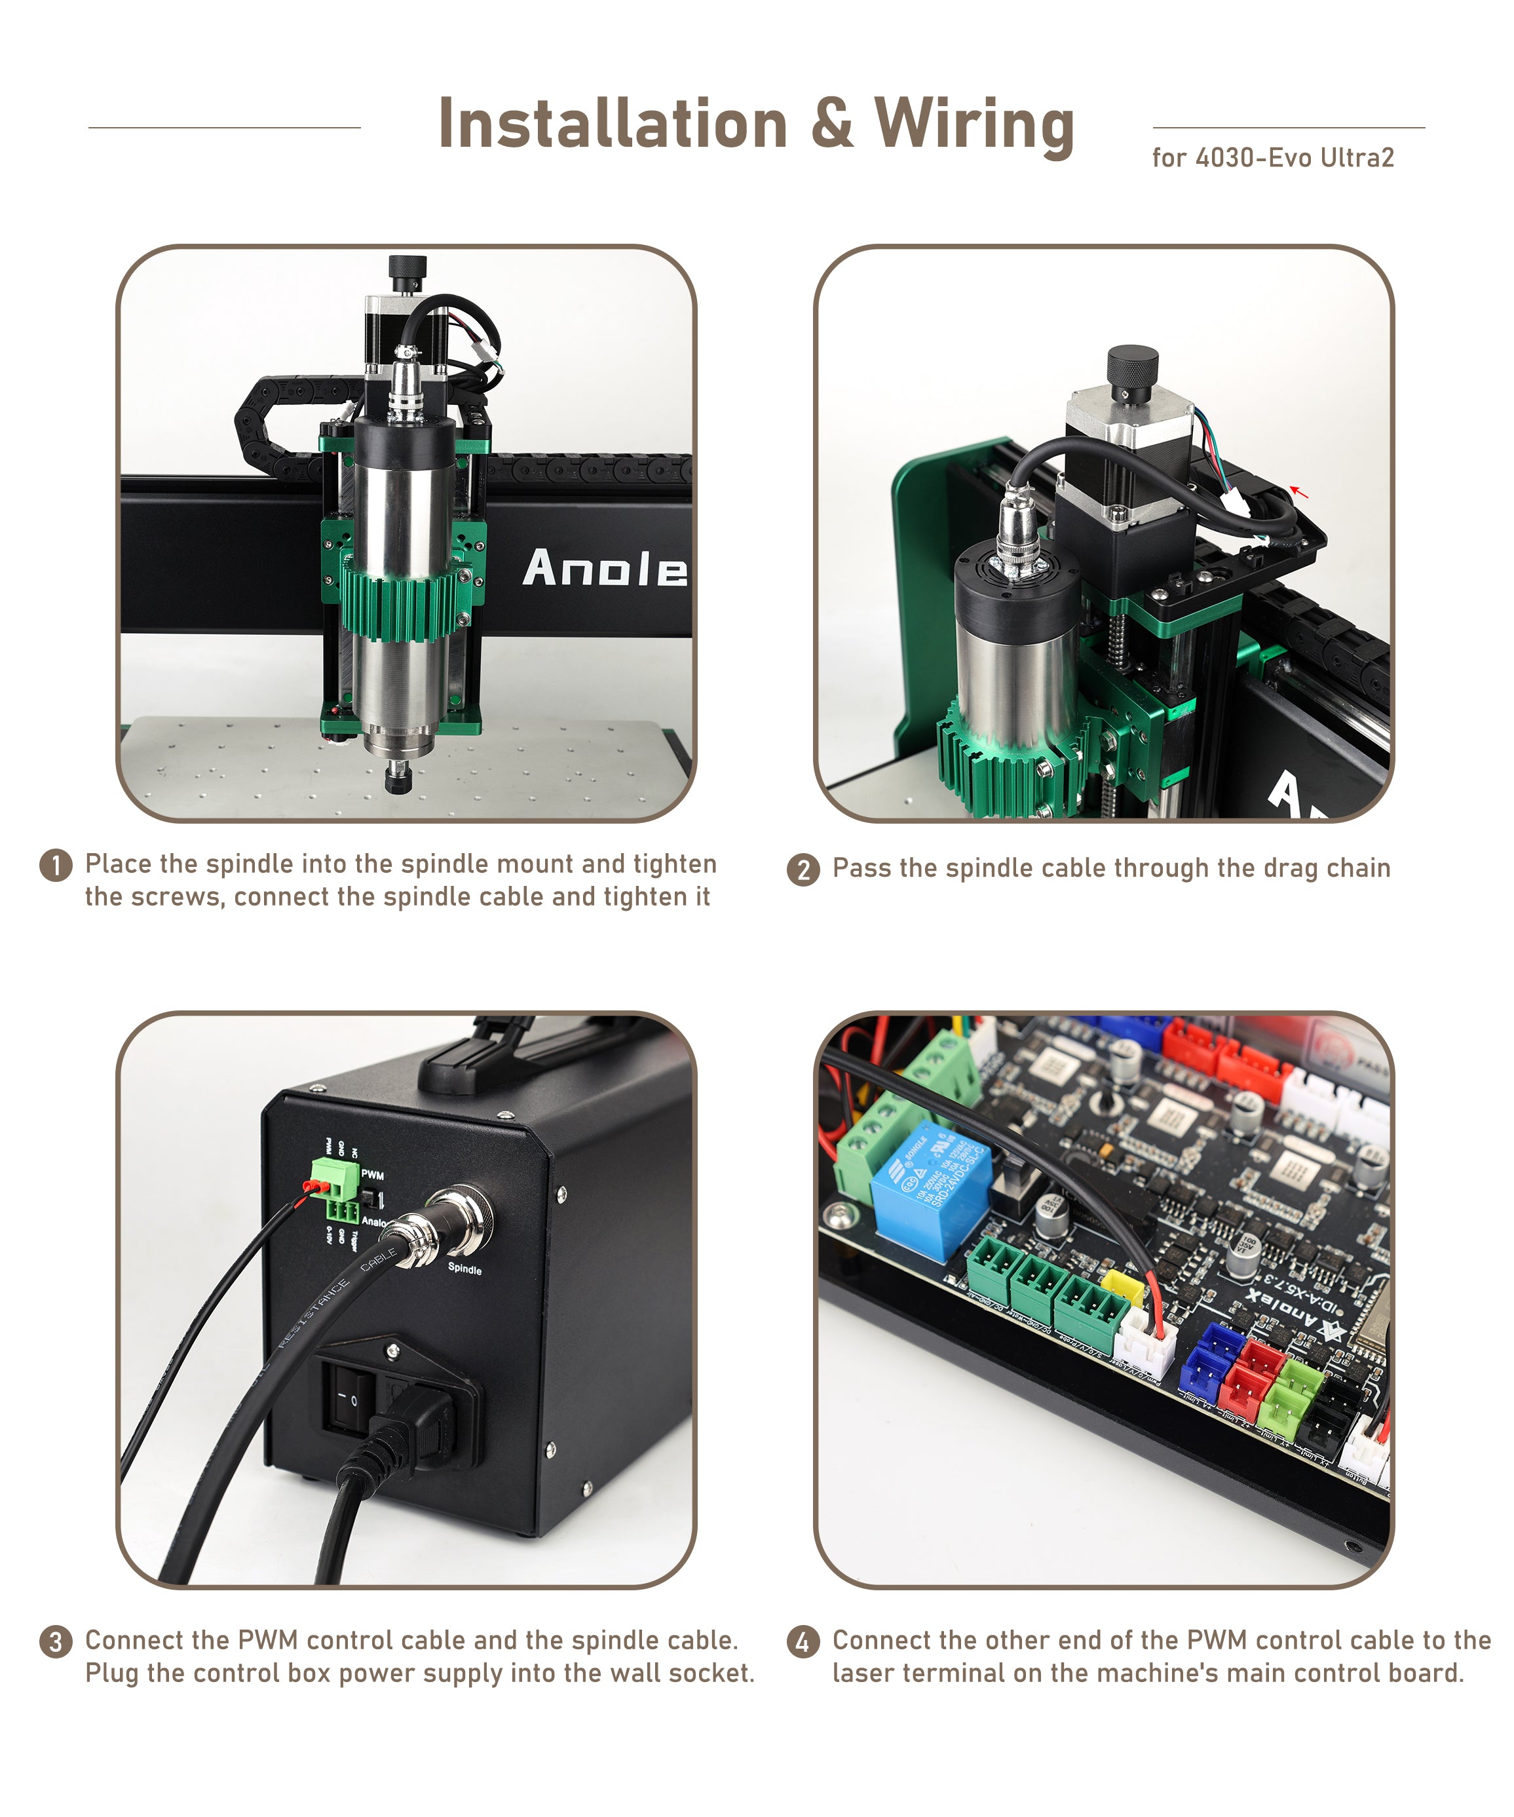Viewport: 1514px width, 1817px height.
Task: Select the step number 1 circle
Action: [x=56, y=864]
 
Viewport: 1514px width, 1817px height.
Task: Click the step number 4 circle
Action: [x=803, y=1641]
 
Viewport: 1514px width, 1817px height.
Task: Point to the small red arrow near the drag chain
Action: [x=1298, y=491]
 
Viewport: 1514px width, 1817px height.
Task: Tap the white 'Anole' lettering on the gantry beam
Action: [x=604, y=569]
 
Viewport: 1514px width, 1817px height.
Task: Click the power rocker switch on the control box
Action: [x=350, y=1396]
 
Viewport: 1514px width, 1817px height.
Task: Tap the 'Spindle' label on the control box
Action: [x=464, y=1269]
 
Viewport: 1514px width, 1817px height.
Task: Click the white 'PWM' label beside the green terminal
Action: [x=373, y=1174]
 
